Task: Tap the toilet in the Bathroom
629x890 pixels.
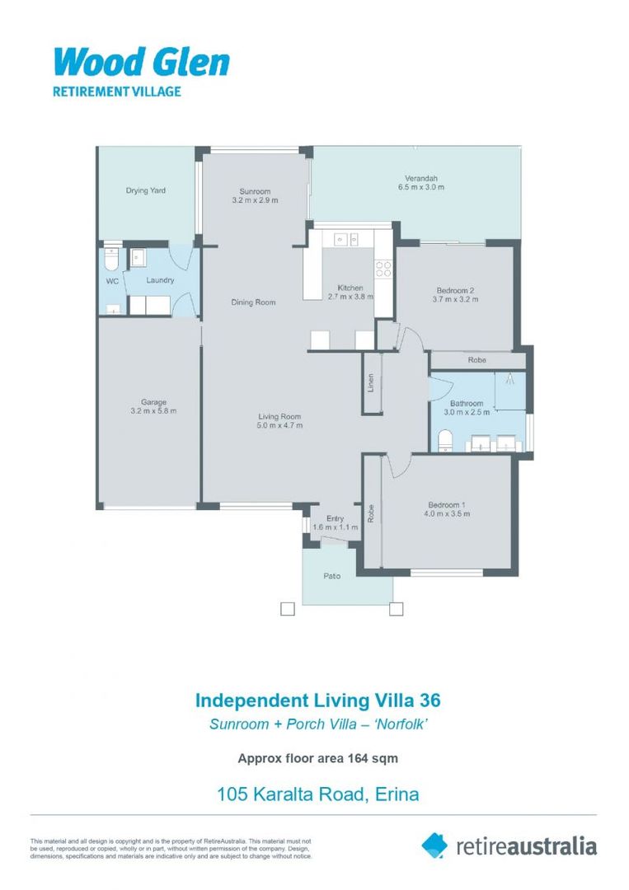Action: click(444, 441)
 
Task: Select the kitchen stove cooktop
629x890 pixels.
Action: click(383, 269)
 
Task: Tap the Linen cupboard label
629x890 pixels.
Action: click(372, 383)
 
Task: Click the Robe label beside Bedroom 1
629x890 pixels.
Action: click(372, 513)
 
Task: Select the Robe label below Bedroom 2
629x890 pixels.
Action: click(476, 361)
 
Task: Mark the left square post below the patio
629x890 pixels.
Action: click(287, 610)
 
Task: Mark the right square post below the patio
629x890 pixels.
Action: click(397, 610)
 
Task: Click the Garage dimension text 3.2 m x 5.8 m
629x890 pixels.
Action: click(153, 411)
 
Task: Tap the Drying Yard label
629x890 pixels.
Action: click(146, 190)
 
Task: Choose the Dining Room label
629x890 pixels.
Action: click(253, 302)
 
